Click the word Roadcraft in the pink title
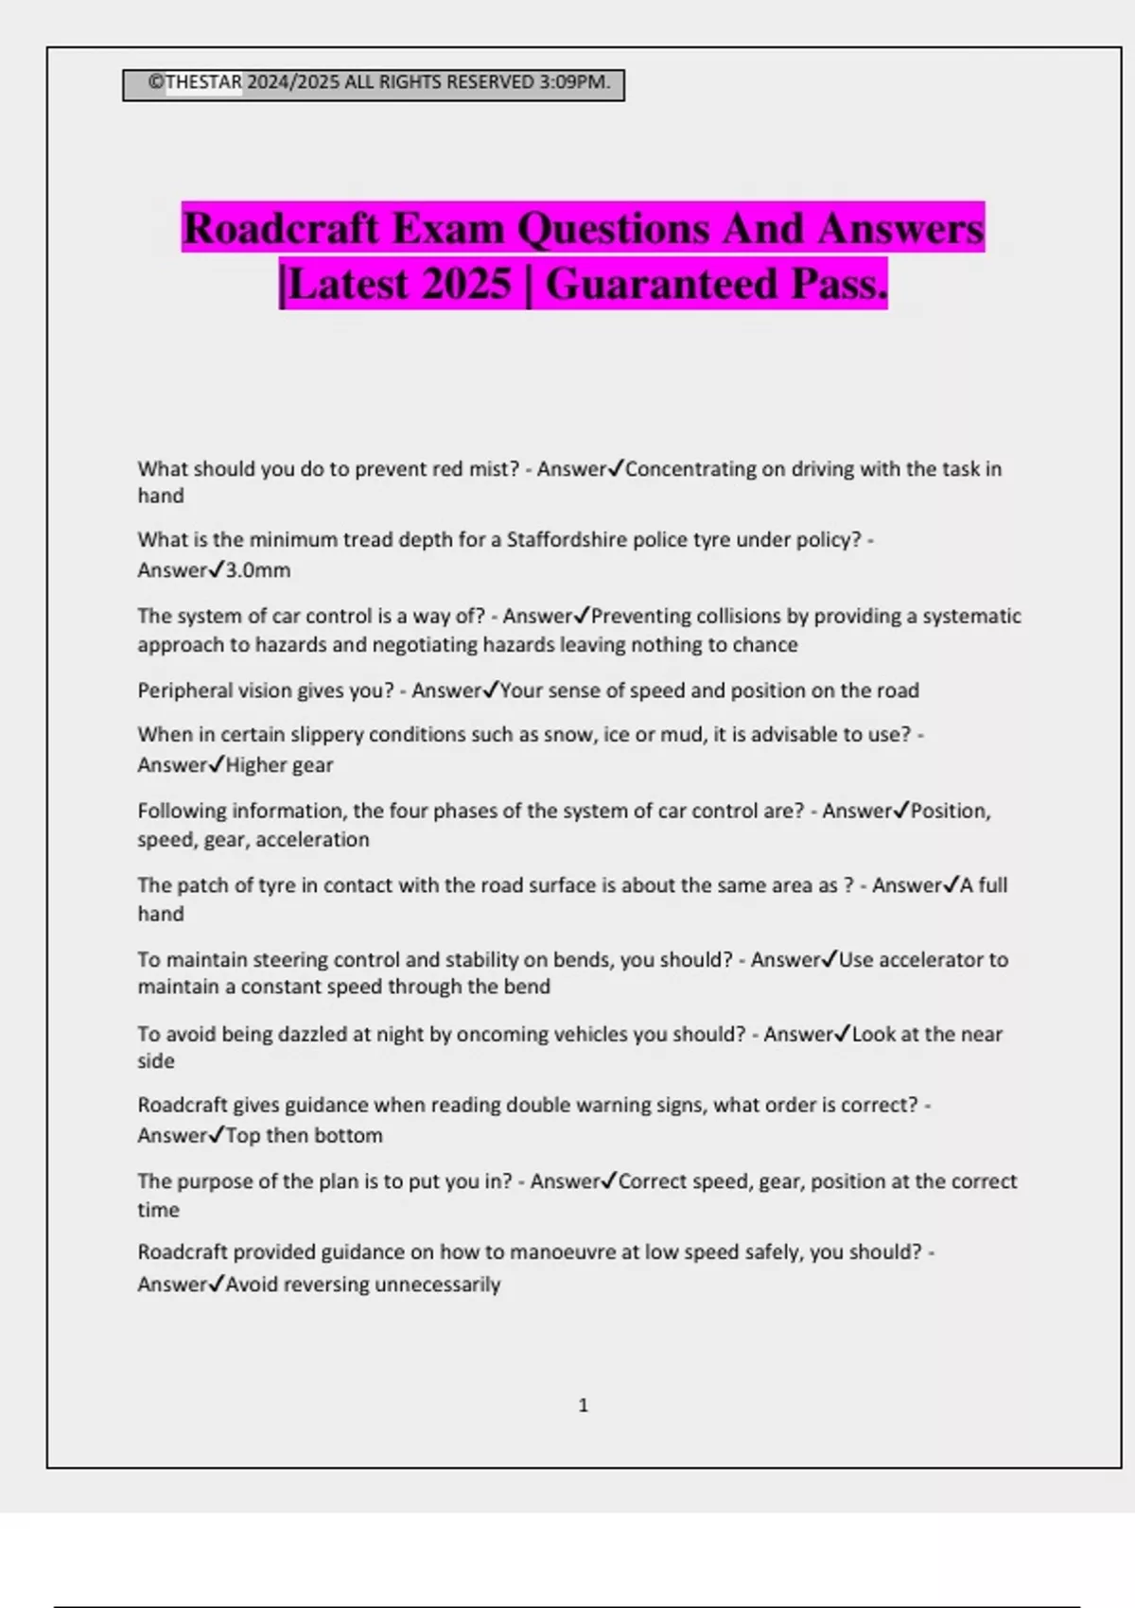(282, 229)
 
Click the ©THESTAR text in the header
(196, 82)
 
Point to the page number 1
(583, 1406)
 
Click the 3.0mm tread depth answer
(258, 570)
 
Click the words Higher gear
(279, 765)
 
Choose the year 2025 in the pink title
(467, 284)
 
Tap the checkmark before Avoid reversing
(217, 1284)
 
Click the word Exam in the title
(449, 229)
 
